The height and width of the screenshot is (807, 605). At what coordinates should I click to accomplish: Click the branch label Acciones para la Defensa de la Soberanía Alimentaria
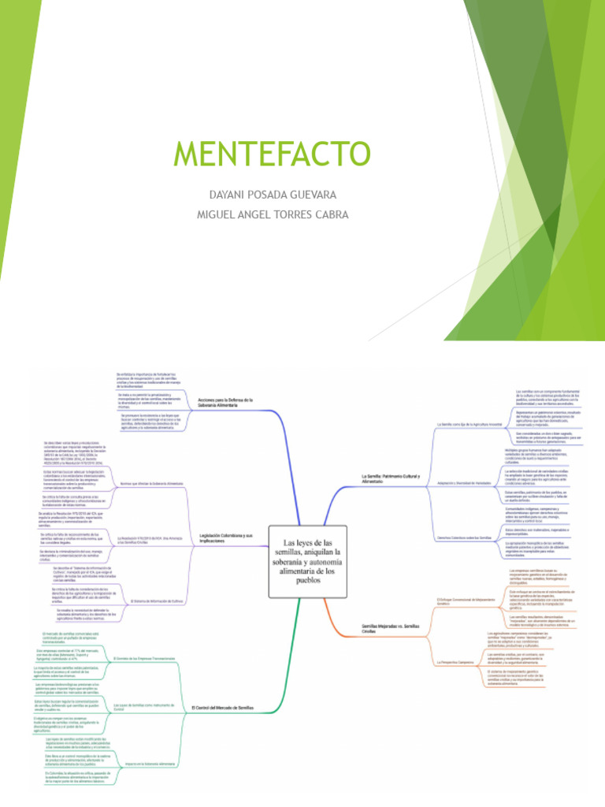click(x=227, y=402)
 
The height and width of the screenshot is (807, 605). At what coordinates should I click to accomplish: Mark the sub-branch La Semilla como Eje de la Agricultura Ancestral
click(x=470, y=425)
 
